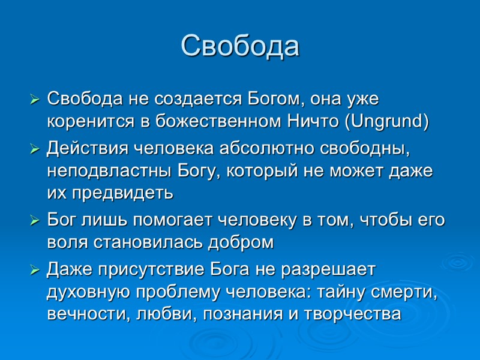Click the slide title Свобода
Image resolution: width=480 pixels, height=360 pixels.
[x=240, y=46]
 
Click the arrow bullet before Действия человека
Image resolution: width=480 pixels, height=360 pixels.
[x=35, y=148]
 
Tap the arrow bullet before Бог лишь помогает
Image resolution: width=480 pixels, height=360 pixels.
[x=35, y=221]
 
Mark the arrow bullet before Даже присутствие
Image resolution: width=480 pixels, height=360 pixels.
[x=35, y=270]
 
